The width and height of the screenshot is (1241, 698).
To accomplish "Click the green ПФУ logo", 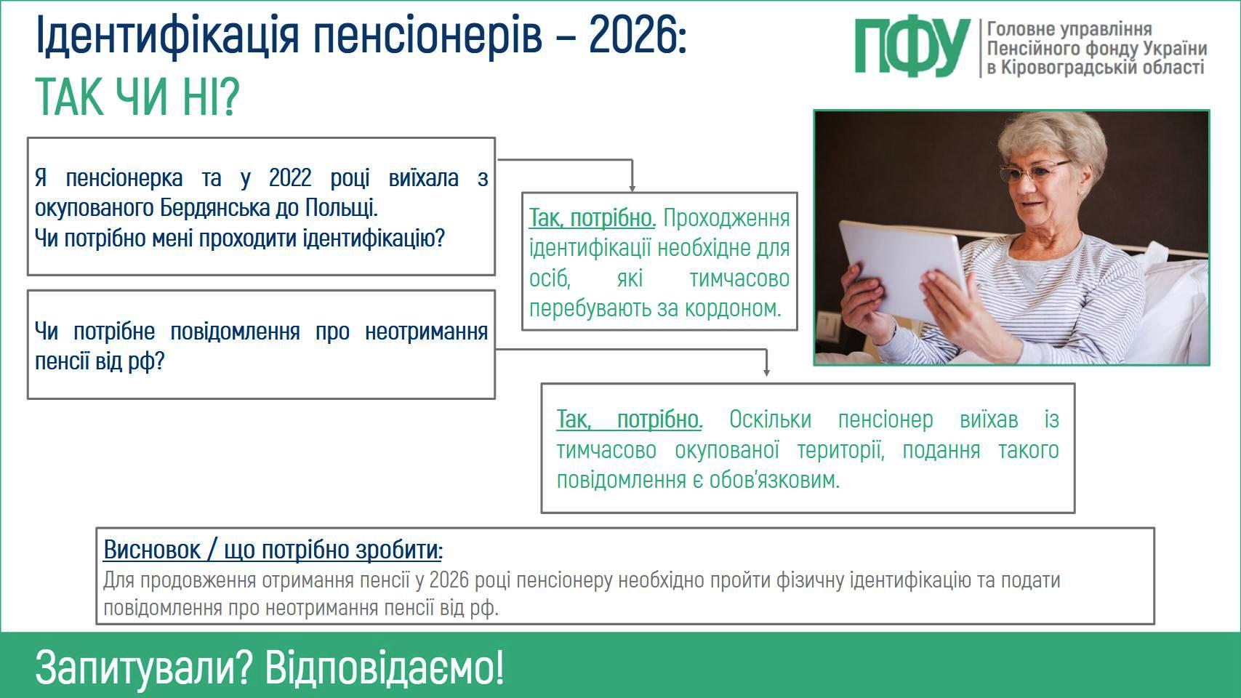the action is point(912,48).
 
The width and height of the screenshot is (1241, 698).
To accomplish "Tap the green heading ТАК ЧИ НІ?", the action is point(137,97).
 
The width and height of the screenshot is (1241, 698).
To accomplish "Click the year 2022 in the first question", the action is point(290,178).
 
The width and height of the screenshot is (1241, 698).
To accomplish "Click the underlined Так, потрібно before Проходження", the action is point(593,218).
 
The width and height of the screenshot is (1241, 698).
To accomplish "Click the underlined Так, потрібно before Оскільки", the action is point(630,420).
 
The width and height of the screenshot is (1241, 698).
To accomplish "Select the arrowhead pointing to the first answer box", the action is point(632,188).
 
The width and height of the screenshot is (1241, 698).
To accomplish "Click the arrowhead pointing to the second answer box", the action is point(766,373).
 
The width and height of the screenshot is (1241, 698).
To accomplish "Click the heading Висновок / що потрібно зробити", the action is point(273,550).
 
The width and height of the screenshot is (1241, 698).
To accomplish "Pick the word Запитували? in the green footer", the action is point(144,669).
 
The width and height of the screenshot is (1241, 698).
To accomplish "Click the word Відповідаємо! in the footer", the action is point(385,667).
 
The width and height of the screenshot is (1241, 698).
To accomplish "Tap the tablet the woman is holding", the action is point(903,270).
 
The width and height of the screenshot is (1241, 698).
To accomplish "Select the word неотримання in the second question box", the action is point(427,332).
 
